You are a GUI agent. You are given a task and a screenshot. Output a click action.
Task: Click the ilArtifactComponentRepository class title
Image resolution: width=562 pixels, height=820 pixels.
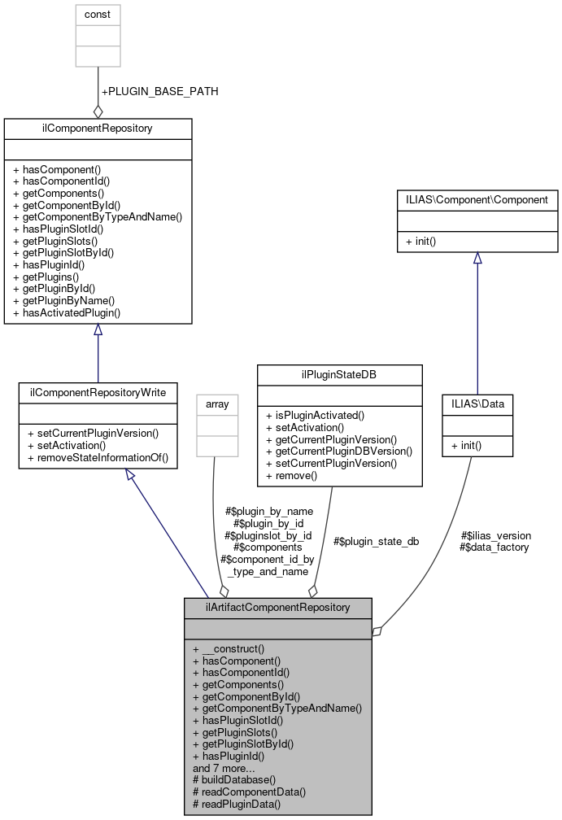pos(278,607)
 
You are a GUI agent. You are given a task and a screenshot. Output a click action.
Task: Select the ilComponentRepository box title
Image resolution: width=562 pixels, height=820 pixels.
pos(98,128)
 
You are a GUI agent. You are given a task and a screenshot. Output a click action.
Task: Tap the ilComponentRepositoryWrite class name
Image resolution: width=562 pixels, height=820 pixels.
pos(98,392)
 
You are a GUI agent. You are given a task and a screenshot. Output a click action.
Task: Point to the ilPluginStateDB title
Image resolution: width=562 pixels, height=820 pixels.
pos(339,373)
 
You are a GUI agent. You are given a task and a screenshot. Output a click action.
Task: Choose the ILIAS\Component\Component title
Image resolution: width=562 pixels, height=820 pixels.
pos(477,199)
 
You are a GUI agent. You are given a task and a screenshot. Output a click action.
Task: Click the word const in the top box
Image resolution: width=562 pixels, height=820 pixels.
pos(98,14)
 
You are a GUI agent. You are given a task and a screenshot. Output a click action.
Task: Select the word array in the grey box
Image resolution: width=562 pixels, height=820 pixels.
pos(217,403)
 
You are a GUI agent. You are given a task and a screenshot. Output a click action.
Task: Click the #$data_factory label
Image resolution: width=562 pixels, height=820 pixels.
pos(494,547)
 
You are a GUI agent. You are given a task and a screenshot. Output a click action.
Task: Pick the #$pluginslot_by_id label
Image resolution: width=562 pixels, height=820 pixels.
pos(268,535)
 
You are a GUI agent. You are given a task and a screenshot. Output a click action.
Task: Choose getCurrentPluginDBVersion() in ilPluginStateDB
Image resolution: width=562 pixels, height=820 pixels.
pos(339,451)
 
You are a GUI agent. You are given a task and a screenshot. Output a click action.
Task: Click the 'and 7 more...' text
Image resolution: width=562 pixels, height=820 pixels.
pos(224,767)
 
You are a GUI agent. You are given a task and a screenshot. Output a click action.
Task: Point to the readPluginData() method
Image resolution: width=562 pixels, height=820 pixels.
pos(236,804)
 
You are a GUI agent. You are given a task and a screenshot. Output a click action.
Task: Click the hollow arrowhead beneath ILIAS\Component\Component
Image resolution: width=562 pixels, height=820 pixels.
pos(477,258)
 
